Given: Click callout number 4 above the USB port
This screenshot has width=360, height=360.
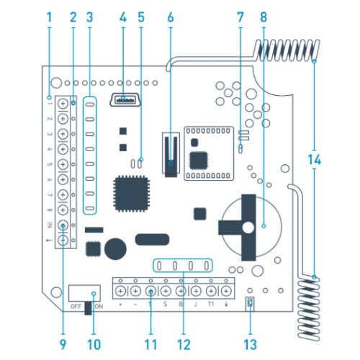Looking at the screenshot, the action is coord(123,17).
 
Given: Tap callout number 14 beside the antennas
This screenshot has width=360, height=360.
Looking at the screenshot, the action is coord(315,160).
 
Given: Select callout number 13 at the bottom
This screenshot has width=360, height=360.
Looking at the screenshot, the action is coord(250,344).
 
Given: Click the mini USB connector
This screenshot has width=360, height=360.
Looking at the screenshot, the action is coord(125,100).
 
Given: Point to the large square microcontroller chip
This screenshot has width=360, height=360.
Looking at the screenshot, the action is coord(132,194).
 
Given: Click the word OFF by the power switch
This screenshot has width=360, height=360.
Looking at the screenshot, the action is coord(76,307).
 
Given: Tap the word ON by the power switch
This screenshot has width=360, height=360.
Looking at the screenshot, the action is coord(99,307).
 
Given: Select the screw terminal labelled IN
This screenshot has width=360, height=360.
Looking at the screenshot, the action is coord(63,225).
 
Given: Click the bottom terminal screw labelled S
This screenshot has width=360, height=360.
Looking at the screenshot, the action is coord(166,291).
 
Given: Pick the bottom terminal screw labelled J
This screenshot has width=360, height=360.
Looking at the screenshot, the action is coord(196,291).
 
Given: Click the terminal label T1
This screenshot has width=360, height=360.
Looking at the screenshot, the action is coord(211,305).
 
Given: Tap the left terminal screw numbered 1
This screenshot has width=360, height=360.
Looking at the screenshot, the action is coord(63,104).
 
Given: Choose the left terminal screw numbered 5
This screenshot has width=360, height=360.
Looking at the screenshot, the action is coord(63,164).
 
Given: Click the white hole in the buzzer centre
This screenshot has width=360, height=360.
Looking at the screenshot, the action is coord(248,228).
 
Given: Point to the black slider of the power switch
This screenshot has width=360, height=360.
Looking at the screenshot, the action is coord(88,308).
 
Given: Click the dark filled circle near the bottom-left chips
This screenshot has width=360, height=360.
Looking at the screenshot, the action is coord(115,249).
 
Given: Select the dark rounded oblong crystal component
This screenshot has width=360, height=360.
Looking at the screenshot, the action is coord(152,240).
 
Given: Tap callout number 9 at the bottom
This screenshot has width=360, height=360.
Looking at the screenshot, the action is coord(63,344).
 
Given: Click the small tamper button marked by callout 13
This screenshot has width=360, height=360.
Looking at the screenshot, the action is coord(250,304).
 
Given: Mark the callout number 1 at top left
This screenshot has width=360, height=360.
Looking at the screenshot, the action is coord(50,17).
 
